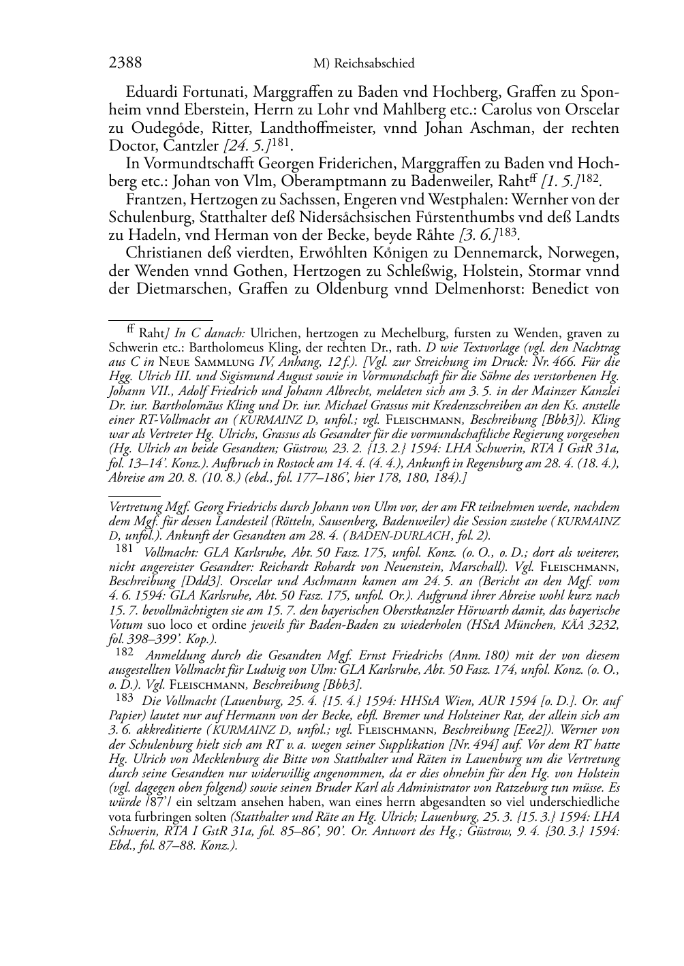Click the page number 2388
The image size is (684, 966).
coord(125,63)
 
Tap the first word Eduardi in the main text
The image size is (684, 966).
coord(153,92)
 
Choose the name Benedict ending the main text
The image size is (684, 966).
coord(563,287)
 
